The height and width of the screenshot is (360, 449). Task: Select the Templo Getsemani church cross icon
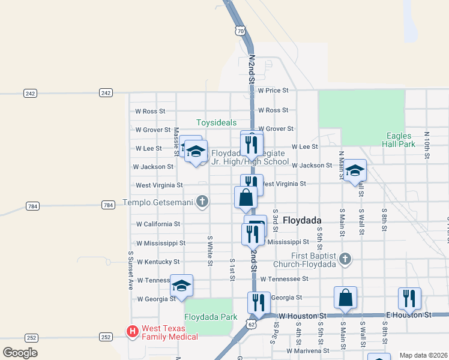[x=203, y=202]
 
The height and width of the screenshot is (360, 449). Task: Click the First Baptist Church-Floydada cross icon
[x=345, y=259]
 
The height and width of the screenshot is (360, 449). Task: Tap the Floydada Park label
[x=211, y=317]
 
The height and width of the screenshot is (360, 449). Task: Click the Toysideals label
[x=216, y=122]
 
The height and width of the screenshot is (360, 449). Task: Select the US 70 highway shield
[x=240, y=31]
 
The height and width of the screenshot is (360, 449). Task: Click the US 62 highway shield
[x=251, y=324]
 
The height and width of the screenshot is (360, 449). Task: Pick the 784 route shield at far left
[x=32, y=206]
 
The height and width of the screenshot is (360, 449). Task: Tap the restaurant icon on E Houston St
[x=409, y=298]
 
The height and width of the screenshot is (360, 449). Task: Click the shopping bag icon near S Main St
[x=346, y=297]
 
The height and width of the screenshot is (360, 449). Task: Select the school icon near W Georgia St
[x=181, y=285]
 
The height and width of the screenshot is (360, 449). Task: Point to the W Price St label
[x=273, y=91]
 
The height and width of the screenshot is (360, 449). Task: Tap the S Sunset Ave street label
[x=130, y=269]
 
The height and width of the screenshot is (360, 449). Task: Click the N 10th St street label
[x=427, y=145]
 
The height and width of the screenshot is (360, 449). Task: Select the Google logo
[x=20, y=353]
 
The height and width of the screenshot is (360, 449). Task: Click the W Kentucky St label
[x=158, y=262]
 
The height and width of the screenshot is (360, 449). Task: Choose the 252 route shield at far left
[x=31, y=337]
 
